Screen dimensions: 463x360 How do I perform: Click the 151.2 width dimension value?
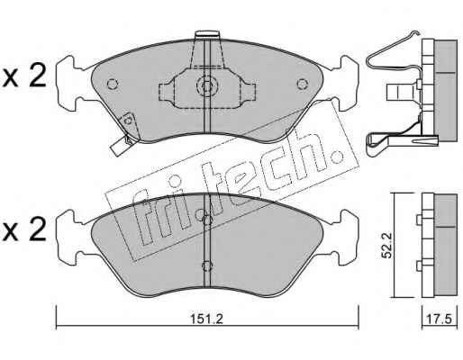tap(207, 319)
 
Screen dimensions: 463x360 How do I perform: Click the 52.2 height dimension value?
tap(387, 246)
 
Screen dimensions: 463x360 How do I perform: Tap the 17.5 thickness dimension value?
tap(440, 319)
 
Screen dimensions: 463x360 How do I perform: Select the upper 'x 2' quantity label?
tap(24, 76)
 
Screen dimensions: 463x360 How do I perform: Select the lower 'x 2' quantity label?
tap(24, 229)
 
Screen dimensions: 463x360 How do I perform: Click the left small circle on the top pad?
tap(113, 84)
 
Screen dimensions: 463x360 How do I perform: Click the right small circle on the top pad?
tap(302, 84)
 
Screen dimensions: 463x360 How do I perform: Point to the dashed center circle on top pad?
tap(207, 85)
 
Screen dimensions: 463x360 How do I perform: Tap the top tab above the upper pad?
tap(207, 34)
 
